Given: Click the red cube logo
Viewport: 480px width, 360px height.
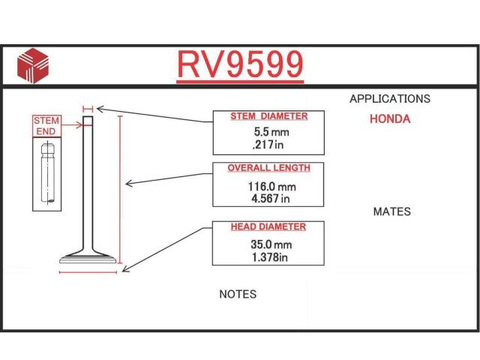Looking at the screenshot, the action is coord(33,65).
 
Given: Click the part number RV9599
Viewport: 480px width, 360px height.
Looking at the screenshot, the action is coord(240,64).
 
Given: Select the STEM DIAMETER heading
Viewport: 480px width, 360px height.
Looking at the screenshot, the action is coord(269,116).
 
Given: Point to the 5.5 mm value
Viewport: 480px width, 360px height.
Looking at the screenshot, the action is coord(271,132).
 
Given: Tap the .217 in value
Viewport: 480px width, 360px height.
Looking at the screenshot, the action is coord(268,145).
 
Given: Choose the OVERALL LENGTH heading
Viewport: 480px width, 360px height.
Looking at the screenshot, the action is coord(268,168).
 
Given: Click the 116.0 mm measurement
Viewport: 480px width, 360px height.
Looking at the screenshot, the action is coord(271,187).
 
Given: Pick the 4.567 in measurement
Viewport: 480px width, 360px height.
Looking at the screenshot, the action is coord(271,199).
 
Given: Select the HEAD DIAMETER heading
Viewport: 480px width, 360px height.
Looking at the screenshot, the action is coord(268,226).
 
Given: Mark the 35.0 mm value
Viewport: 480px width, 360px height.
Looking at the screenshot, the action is coord(271,244).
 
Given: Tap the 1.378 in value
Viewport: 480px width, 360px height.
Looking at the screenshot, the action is coord(270,257).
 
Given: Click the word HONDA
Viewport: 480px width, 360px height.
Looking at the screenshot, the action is coord(390,119).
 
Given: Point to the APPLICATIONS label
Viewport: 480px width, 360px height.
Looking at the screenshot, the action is coord(390,99).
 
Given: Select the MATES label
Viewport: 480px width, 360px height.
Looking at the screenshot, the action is coord(391,211).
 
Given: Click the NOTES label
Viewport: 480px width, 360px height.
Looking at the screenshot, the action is coord(238,294).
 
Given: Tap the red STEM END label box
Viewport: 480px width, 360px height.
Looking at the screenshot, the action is coord(46,126).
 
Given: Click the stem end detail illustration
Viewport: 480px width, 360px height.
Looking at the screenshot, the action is coord(46,174).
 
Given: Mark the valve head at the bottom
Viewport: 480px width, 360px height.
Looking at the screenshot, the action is coord(88,258).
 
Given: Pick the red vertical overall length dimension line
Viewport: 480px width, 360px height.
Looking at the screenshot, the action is coord(120,190).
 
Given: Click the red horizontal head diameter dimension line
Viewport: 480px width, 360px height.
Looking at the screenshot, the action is coord(88,271).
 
